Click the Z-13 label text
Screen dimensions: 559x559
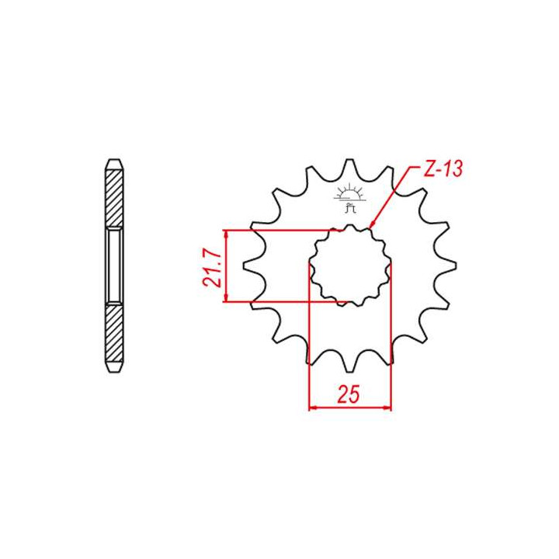[441, 169]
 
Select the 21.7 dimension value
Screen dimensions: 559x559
[210, 268]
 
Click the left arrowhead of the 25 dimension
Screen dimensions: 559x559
[313, 407]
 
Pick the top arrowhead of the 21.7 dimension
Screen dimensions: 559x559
[224, 234]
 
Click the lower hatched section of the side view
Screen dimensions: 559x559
[113, 335]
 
